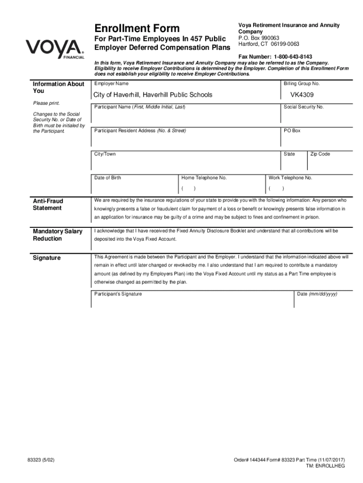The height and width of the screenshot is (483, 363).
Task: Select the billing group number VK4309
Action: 302,95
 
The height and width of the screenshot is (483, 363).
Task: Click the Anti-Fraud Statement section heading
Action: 48,205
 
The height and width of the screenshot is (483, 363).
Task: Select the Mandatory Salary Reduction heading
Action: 58,235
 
